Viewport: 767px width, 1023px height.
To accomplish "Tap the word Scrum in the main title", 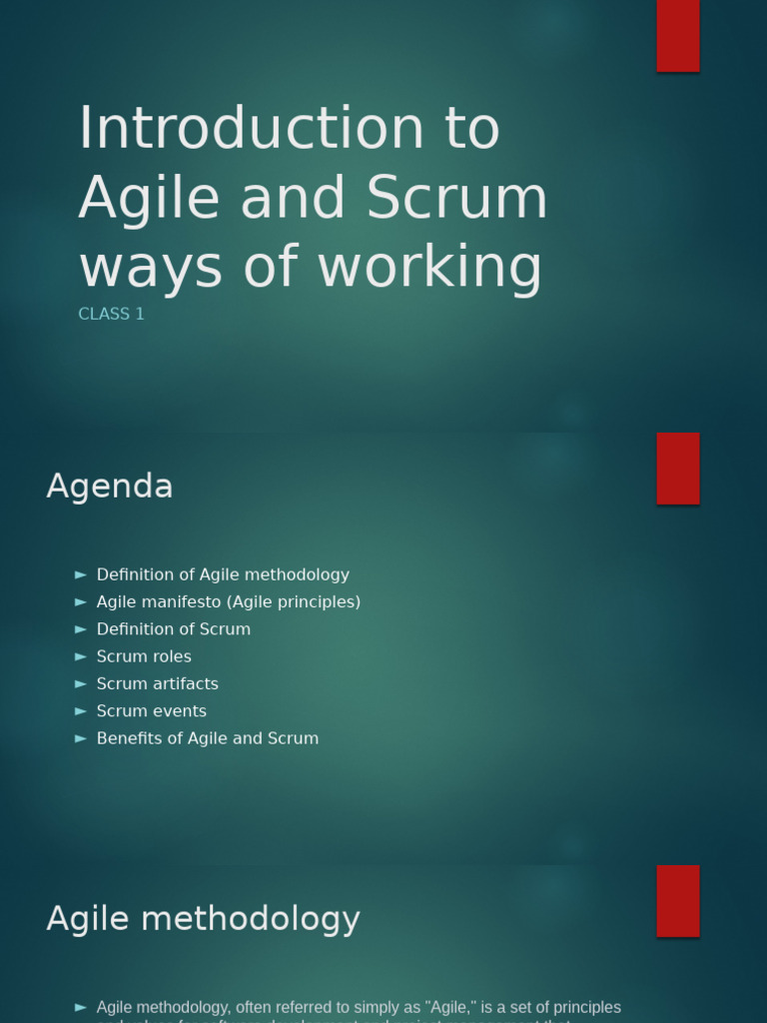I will pos(457,198).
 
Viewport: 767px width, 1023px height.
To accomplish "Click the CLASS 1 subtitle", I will pos(111,314).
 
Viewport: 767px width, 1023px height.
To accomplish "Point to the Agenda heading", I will pos(110,487).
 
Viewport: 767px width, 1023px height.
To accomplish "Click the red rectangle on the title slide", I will pos(677,36).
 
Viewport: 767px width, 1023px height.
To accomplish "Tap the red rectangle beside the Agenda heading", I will pos(677,469).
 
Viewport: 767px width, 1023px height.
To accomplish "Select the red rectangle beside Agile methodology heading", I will pos(677,900).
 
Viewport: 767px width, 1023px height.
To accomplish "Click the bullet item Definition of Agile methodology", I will pos(223,574).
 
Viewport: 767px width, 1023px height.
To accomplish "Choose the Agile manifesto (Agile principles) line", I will pos(228,601).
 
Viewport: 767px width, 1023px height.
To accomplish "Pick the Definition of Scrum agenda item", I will pos(174,629).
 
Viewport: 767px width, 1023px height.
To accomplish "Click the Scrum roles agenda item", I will pos(144,656).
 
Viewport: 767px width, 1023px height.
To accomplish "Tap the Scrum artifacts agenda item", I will pos(157,683).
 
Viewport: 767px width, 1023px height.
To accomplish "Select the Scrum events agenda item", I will pos(152,711).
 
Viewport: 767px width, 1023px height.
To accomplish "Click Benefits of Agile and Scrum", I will pos(208,738).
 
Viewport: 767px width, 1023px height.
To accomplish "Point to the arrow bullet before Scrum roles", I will pos(81,656).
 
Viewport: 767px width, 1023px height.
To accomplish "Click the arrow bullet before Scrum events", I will pos(81,711).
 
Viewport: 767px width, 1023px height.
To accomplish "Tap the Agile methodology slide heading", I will pos(203,919).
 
